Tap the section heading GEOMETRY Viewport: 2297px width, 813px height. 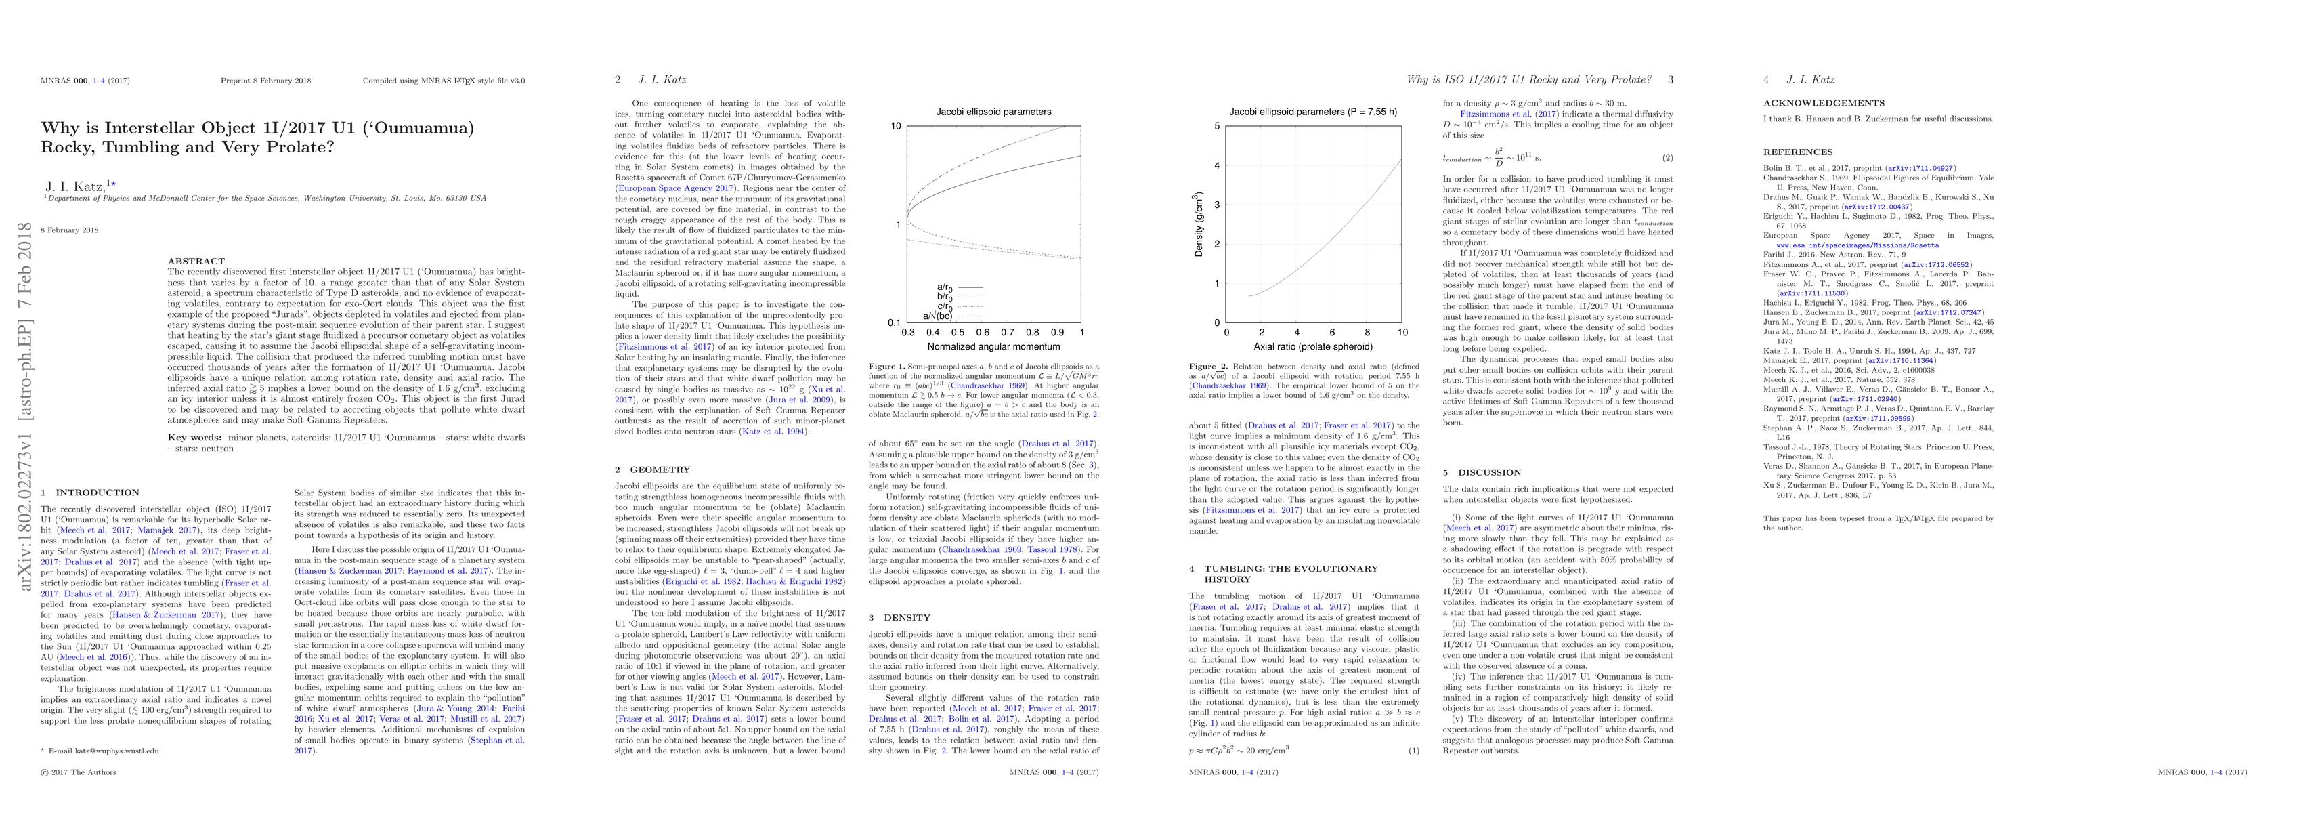pos(660,470)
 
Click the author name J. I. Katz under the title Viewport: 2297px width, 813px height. pos(77,186)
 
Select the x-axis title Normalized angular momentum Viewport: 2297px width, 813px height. pos(993,346)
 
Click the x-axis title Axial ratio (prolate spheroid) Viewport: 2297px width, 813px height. pos(1314,346)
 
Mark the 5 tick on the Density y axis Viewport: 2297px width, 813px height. pos(1216,127)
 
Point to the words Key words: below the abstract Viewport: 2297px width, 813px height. pos(194,437)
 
